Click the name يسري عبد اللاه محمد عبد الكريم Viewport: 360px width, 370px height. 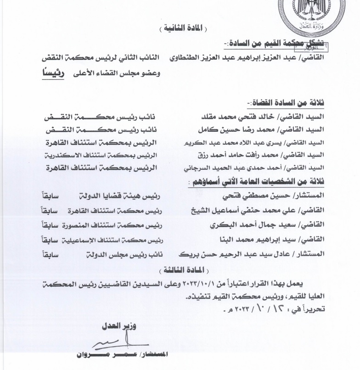tap(235, 142)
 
